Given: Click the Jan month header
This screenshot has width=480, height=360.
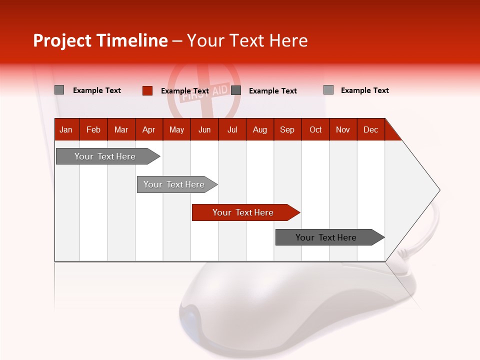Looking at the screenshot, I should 66,129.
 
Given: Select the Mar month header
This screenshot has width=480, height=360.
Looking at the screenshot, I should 121,129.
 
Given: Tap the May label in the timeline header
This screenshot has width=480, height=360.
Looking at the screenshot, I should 176,129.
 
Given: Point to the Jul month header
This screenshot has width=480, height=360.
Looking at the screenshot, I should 232,129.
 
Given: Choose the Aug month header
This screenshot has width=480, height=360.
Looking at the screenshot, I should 259,129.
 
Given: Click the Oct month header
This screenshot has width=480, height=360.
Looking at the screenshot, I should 315,129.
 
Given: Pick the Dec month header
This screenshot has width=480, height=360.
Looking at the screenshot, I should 370,129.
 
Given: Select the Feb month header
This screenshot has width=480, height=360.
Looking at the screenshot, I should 93,129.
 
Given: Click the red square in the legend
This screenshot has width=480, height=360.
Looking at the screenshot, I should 147,90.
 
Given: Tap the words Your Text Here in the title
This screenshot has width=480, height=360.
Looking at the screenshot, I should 247,40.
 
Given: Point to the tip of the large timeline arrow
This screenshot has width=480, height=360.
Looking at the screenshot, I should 439,190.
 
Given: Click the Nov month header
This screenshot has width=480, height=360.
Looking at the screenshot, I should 343,129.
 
